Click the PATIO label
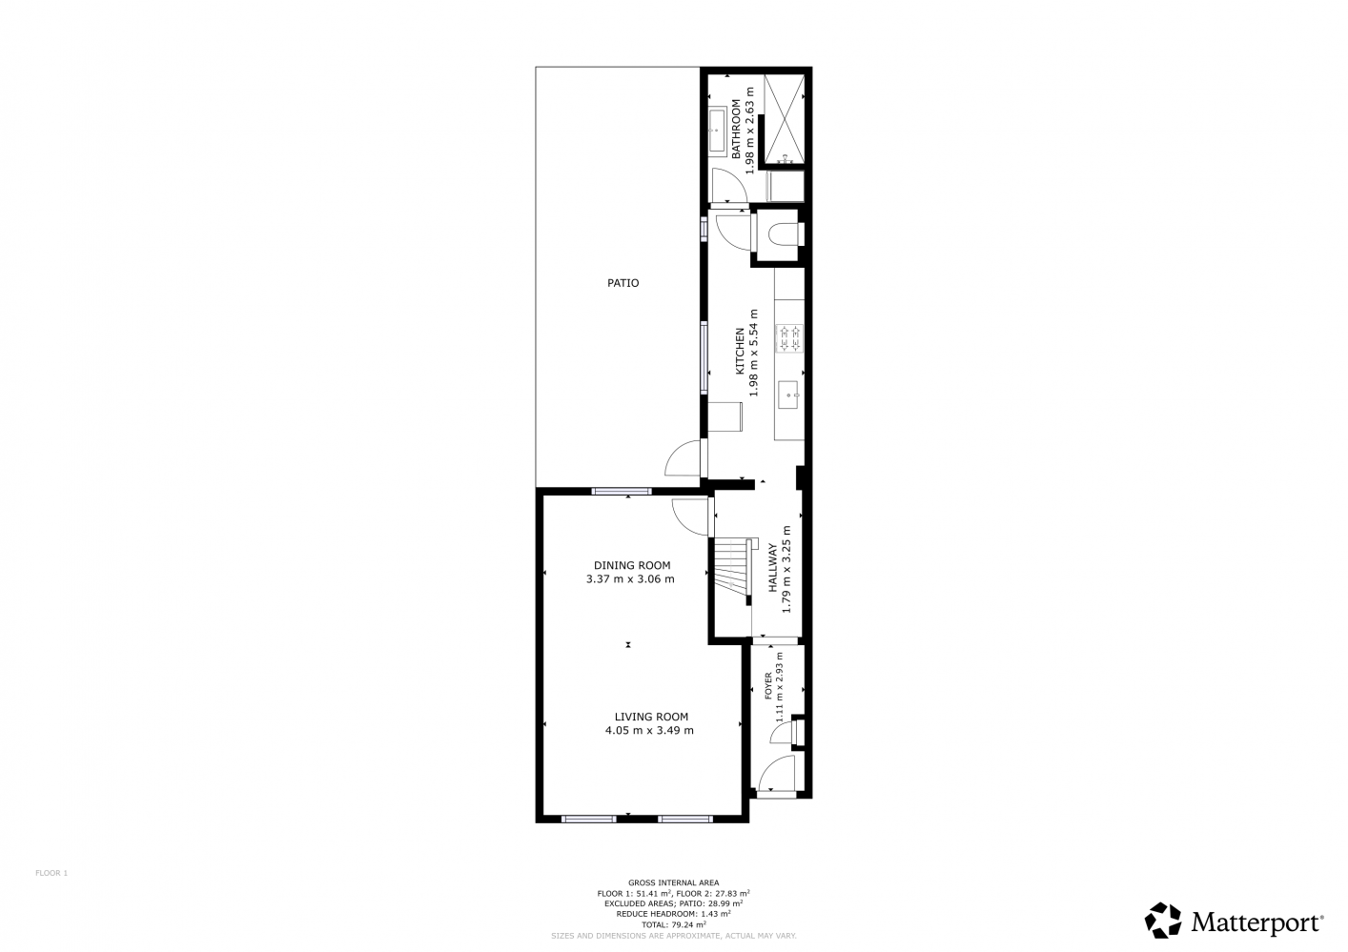[623, 283]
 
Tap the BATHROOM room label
[736, 130]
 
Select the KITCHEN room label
[740, 352]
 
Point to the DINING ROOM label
[632, 565]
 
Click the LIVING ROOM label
[651, 717]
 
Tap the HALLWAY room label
[773, 568]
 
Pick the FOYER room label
[767, 686]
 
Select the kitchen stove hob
[789, 338]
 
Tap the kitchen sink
[788, 395]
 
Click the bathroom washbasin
[717, 132]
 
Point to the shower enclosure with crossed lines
[785, 119]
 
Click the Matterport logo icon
[1163, 922]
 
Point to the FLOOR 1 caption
[51, 873]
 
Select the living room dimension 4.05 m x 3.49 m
[649, 731]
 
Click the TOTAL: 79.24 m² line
[673, 924]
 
